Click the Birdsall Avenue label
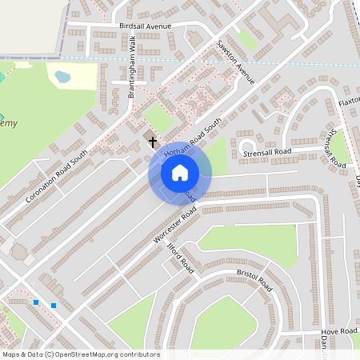146,26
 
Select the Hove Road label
338,330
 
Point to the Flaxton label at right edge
349,104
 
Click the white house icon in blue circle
180,172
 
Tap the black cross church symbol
153,142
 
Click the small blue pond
62,78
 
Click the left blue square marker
36,302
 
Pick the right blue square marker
54,306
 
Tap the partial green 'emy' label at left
8,123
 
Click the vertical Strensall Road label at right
337,147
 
